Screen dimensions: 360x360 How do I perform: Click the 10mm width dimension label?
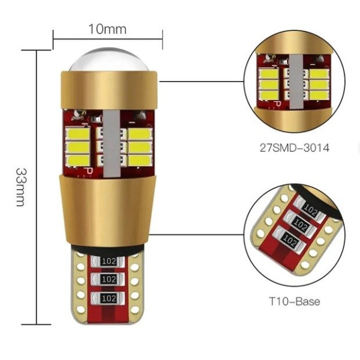click(x=107, y=29)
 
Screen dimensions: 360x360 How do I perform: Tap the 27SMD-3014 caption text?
click(x=295, y=148)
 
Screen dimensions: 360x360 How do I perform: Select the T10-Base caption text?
click(x=295, y=301)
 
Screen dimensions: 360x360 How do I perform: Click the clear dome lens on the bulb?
click(x=109, y=59)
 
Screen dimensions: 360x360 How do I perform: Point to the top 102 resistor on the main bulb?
click(x=108, y=261)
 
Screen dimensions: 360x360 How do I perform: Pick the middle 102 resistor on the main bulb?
click(x=108, y=280)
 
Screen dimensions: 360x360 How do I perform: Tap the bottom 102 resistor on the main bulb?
click(x=108, y=298)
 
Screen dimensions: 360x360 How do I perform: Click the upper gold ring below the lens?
click(x=109, y=90)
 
